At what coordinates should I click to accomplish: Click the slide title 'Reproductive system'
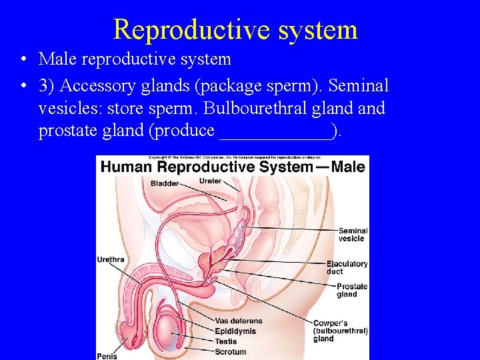[x=235, y=30]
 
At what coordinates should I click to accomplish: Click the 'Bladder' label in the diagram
[x=165, y=183]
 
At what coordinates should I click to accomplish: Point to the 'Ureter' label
[x=210, y=181]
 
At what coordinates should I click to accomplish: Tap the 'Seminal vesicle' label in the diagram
[x=352, y=235]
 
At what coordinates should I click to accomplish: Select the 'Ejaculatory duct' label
[x=347, y=267]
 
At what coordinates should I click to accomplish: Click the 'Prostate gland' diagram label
[x=351, y=290]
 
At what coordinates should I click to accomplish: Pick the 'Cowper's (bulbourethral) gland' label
[x=340, y=331]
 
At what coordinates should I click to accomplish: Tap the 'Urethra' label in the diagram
[x=111, y=259]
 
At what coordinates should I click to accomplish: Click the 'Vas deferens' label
[x=239, y=321]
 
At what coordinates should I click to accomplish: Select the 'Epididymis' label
[x=235, y=331]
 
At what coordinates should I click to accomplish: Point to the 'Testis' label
[x=225, y=341]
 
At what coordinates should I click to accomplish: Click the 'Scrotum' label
[x=230, y=352]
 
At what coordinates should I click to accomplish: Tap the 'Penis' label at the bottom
[x=107, y=356]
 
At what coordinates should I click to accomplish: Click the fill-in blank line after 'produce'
[x=276, y=131]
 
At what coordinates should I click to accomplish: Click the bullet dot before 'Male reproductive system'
[x=23, y=60]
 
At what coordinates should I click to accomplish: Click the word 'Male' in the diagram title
[x=348, y=167]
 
